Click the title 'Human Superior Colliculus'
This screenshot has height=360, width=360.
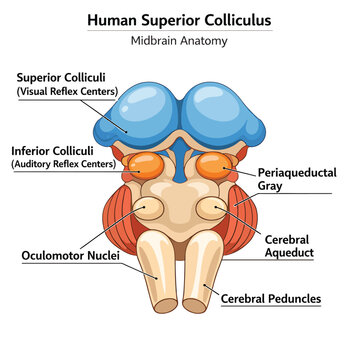pyautogui.click(x=179, y=20)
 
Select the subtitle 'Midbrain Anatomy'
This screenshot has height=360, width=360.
pyautogui.click(x=179, y=41)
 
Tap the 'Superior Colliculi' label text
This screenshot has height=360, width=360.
pyautogui.click(x=61, y=78)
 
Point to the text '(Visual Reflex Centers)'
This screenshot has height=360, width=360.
pyautogui.click(x=67, y=91)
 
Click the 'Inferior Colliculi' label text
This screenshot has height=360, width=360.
pyautogui.click(x=52, y=151)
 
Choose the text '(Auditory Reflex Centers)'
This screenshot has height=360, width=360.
pyautogui.click(x=64, y=164)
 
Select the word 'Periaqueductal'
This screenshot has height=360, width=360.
pyautogui.click(x=297, y=173)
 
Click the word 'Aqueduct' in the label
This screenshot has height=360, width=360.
pyautogui.click(x=289, y=253)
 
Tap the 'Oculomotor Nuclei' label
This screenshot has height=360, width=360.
pyautogui.click(x=70, y=256)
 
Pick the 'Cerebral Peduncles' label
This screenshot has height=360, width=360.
pyautogui.click(x=271, y=299)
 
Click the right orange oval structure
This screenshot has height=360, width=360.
pyautogui.click(x=214, y=166)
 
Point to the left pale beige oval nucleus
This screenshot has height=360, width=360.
pyautogui.click(x=148, y=208)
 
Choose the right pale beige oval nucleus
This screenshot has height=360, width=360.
pyautogui.click(x=212, y=208)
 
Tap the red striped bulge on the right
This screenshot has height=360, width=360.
pyautogui.click(x=242, y=220)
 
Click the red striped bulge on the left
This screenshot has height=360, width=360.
pyautogui.click(x=119, y=220)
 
